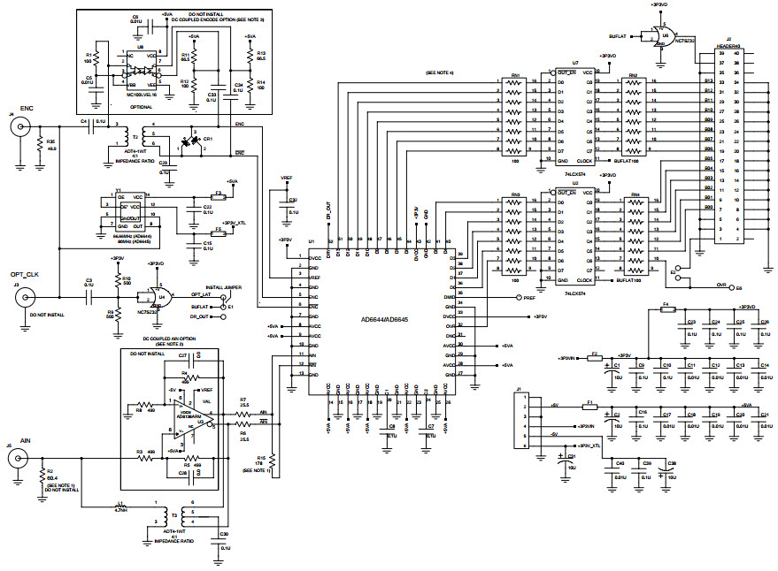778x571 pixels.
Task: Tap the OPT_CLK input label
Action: [25, 275]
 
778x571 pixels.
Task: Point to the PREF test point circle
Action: [518, 299]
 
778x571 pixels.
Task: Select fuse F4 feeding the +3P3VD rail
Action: [668, 309]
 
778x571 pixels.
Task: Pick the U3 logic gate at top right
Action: [659, 37]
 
